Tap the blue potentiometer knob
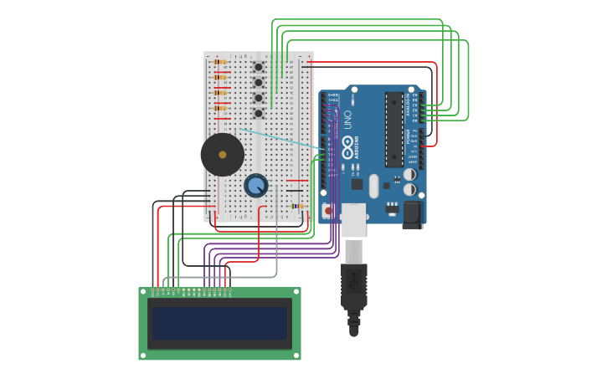(255, 186)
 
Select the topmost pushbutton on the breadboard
(258, 67)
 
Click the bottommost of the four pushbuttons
(258, 113)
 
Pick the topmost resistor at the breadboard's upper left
(220, 62)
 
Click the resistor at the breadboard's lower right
(296, 206)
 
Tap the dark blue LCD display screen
(219, 323)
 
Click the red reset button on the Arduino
(327, 210)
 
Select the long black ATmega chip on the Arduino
(394, 130)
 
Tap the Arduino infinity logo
(347, 144)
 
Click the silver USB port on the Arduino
(353, 219)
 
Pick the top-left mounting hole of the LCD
(143, 292)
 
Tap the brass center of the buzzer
(222, 155)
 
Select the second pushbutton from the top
(258, 82)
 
